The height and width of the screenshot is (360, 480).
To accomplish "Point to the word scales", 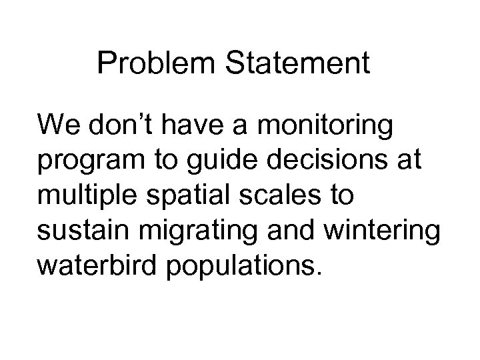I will point(271,198).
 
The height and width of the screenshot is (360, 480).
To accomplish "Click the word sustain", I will point(78,234).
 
